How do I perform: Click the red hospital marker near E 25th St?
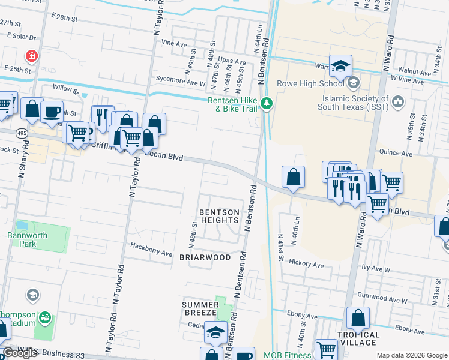click(31, 56)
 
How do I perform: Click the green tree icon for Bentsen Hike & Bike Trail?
click(267, 105)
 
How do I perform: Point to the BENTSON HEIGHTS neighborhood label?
click(219, 216)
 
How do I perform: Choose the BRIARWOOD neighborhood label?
click(205, 257)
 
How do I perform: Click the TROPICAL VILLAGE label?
click(358, 338)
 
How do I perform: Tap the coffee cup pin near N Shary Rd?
click(52, 110)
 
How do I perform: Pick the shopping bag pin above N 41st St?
click(293, 177)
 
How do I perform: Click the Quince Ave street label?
click(396, 154)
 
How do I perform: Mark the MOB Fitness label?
click(287, 355)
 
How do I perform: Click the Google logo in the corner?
click(20, 353)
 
